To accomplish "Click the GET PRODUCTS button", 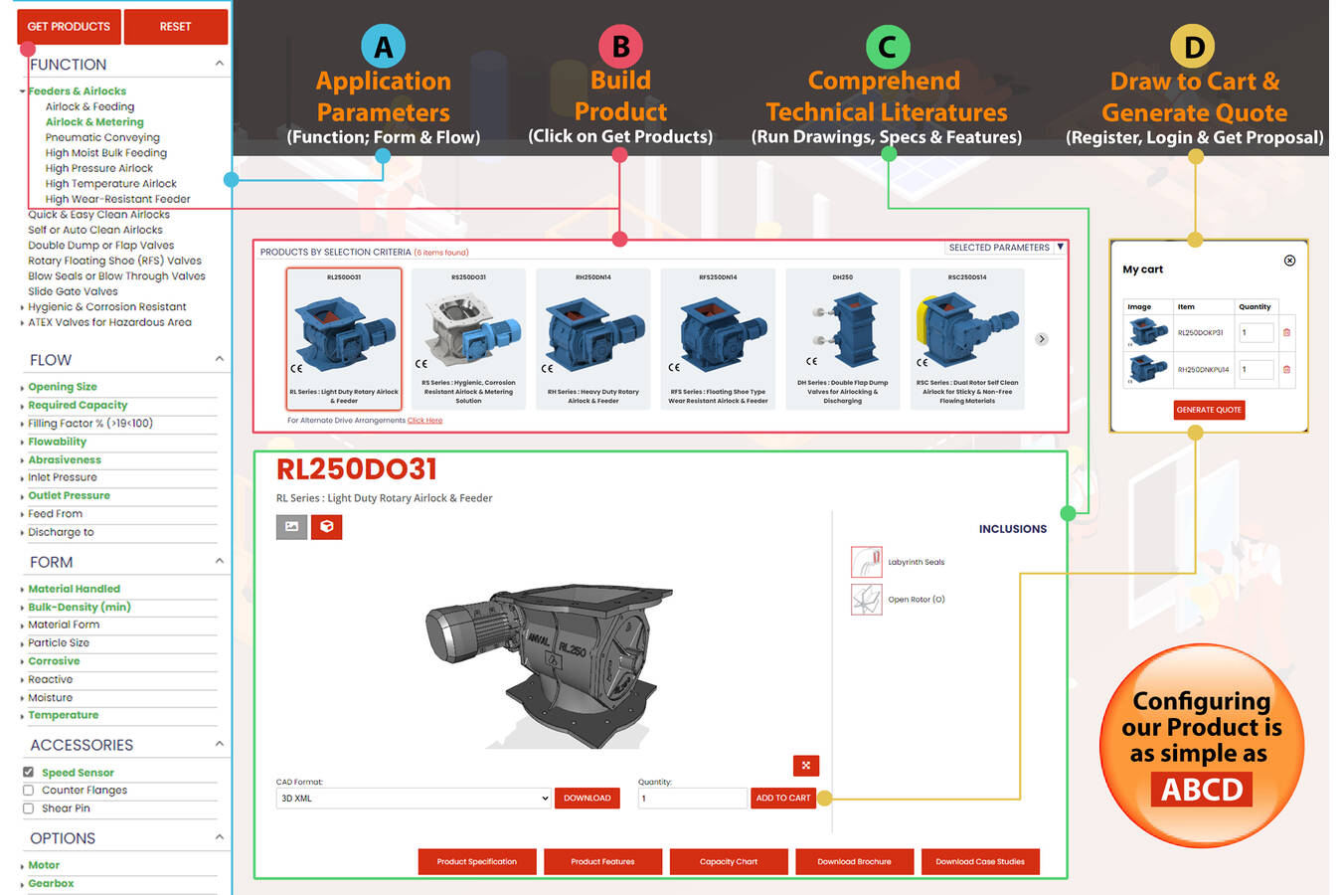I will pyautogui.click(x=69, y=27).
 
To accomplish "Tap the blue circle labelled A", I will pyautogui.click(x=383, y=47).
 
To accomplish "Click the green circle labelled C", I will pyautogui.click(x=887, y=47).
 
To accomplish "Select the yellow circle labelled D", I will pyautogui.click(x=1194, y=47).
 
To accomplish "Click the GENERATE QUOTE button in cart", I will pyautogui.click(x=1209, y=410).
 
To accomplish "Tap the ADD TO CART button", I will pyautogui.click(x=783, y=798).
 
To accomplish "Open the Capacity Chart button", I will pyautogui.click(x=729, y=861).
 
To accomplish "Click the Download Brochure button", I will pyautogui.click(x=854, y=861).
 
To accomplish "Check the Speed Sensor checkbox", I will pyautogui.click(x=28, y=772).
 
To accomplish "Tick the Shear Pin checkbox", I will pyautogui.click(x=28, y=808).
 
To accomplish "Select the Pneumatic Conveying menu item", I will pyautogui.click(x=102, y=137).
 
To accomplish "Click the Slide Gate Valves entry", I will pyautogui.click(x=73, y=291).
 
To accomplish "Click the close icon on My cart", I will pyautogui.click(x=1289, y=261).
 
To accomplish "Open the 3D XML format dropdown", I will pyautogui.click(x=413, y=798).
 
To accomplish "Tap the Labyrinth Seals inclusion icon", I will pyautogui.click(x=866, y=562).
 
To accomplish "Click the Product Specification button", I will pyautogui.click(x=477, y=861).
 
